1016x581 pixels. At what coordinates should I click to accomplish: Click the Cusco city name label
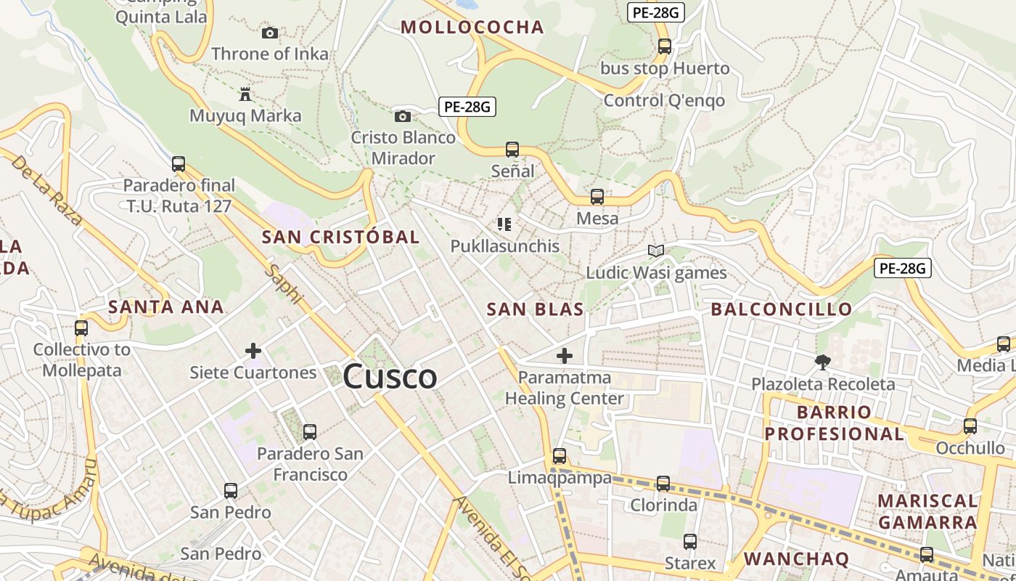(390, 377)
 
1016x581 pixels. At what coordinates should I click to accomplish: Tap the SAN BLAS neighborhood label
(535, 309)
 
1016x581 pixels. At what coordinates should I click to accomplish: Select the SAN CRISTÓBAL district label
(340, 237)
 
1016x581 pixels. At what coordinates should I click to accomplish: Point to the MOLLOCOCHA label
(472, 28)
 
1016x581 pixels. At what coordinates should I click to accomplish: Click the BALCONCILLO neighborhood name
(781, 309)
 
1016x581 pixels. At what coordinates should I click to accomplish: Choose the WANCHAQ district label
(796, 558)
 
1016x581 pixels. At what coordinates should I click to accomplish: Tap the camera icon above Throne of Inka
(269, 33)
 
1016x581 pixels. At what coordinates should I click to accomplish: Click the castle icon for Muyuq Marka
(245, 94)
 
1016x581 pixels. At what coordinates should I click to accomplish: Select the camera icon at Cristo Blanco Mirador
(402, 116)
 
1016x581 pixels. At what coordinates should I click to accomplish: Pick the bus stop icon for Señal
(512, 150)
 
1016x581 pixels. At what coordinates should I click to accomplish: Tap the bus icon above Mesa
(597, 196)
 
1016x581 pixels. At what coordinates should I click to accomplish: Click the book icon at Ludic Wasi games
(656, 251)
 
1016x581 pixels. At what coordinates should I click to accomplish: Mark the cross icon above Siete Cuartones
(253, 352)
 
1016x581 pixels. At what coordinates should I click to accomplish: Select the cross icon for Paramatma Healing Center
(564, 356)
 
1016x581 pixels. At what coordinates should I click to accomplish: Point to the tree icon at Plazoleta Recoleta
(822, 361)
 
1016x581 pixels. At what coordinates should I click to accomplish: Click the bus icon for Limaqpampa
(559, 456)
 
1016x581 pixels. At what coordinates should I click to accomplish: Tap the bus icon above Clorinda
(663, 483)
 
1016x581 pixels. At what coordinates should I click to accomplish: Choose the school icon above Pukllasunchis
(504, 224)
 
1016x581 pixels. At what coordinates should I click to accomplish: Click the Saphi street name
(284, 283)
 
